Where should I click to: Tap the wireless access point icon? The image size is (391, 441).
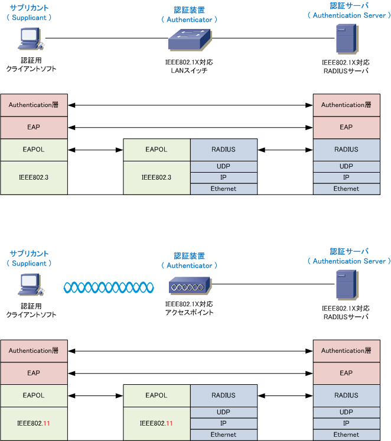point(190,286)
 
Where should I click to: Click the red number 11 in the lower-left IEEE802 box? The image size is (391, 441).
point(47,424)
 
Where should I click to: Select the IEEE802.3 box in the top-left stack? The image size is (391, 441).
point(34,177)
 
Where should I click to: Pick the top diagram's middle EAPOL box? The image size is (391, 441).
point(157,150)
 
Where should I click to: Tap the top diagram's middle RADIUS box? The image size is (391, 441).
point(223,150)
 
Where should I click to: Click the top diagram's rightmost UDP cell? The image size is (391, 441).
point(346,166)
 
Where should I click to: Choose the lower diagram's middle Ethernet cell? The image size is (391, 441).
point(223,435)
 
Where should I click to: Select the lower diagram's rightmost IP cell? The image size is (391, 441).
point(346,424)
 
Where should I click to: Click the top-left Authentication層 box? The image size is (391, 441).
point(34,105)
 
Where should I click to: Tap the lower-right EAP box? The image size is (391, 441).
point(346,373)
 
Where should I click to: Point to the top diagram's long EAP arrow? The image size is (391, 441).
point(190,127)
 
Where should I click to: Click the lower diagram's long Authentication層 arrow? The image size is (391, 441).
point(190,351)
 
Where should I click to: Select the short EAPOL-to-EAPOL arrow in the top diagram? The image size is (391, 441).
point(95,150)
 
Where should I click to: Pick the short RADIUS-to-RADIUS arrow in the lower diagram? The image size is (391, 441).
point(285,395)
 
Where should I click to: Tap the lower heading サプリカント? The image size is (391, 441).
point(29,254)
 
